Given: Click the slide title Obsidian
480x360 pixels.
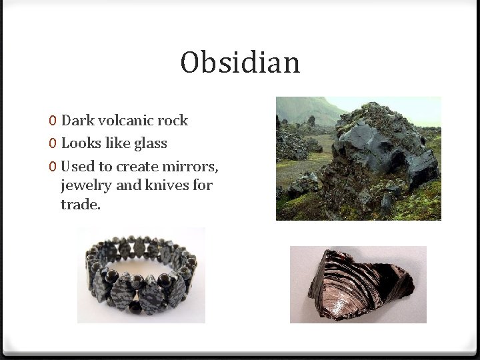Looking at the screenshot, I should tap(240, 63).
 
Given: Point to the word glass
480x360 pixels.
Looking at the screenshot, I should tap(151, 143).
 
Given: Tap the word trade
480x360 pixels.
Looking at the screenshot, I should tap(80, 205).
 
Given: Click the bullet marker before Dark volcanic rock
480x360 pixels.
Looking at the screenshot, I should tap(52, 121).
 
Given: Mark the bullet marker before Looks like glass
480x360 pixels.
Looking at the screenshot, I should tap(52, 144).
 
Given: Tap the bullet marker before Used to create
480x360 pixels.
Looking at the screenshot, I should tap(52, 166).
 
